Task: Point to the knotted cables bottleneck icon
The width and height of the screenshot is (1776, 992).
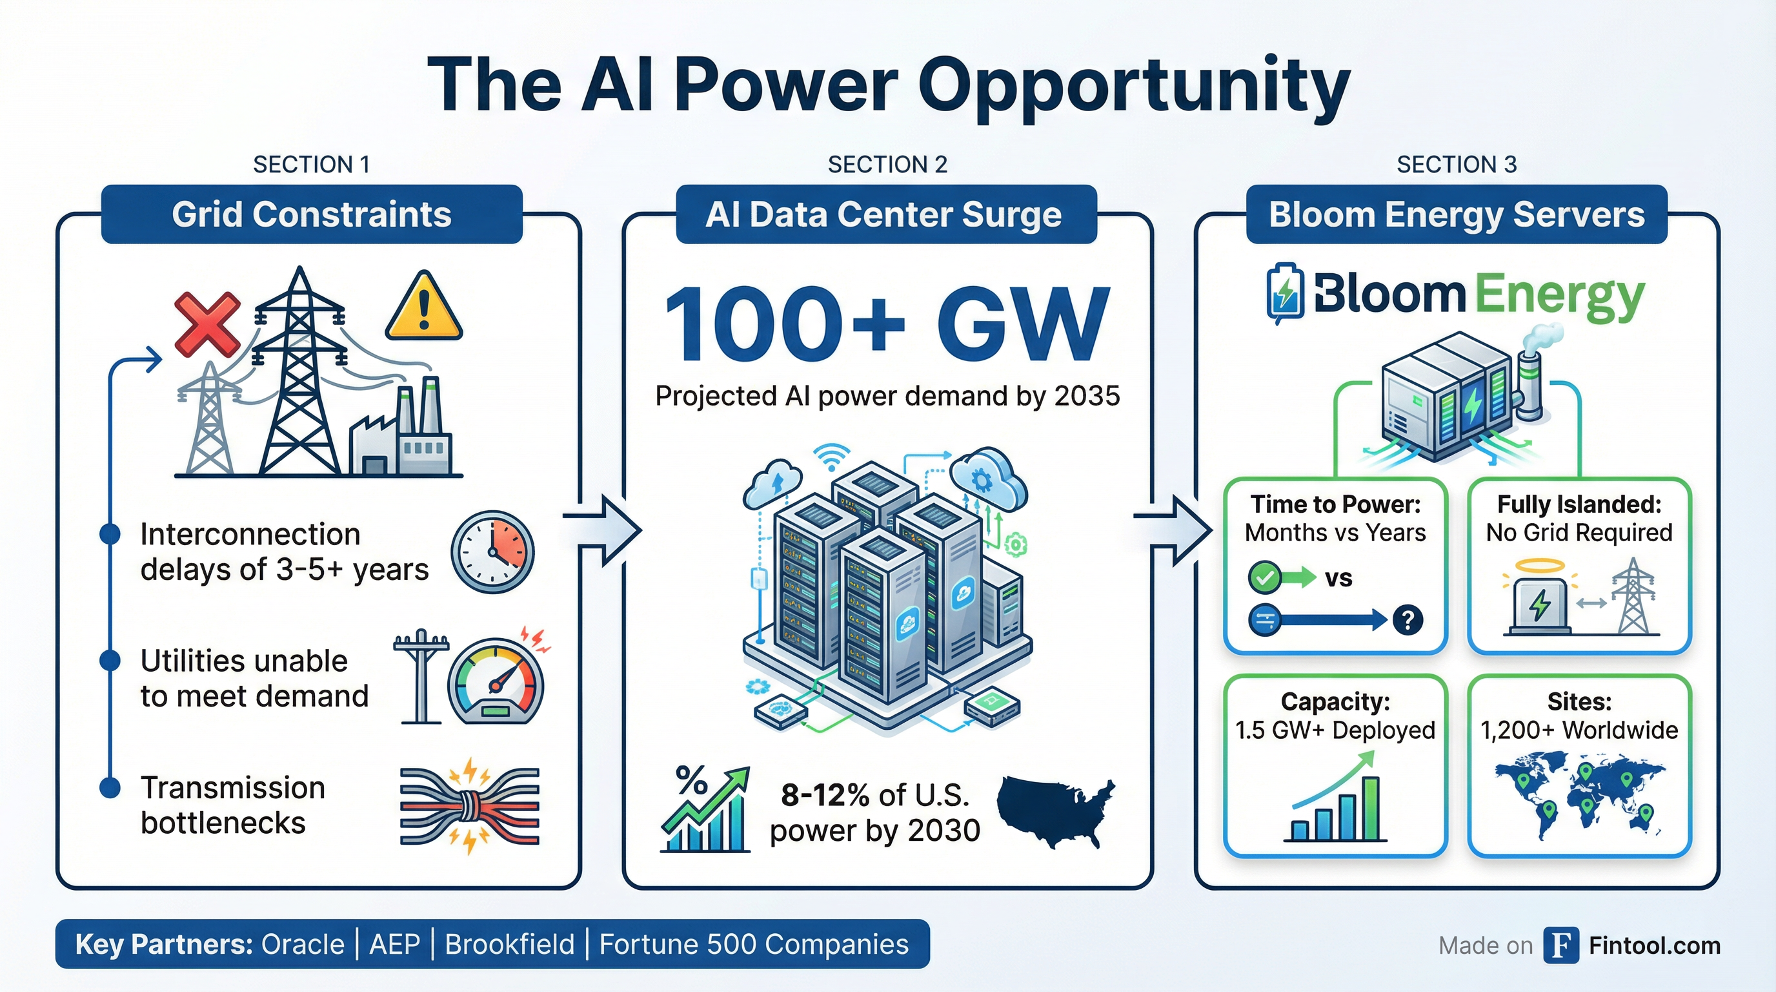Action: tap(470, 806)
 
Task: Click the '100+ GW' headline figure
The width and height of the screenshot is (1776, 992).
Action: tap(887, 324)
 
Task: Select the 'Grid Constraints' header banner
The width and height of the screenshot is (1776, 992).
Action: tap(312, 214)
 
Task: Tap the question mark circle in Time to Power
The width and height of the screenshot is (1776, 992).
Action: tap(1407, 619)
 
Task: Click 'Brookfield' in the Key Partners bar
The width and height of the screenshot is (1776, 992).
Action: tap(509, 944)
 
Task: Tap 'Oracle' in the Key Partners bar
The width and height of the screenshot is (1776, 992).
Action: tap(303, 944)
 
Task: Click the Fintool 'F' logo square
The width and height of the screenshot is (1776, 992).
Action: tap(1561, 944)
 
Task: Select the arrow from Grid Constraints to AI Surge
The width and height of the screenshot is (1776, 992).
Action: tap(603, 530)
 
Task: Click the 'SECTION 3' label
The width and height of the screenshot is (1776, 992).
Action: tap(1456, 164)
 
